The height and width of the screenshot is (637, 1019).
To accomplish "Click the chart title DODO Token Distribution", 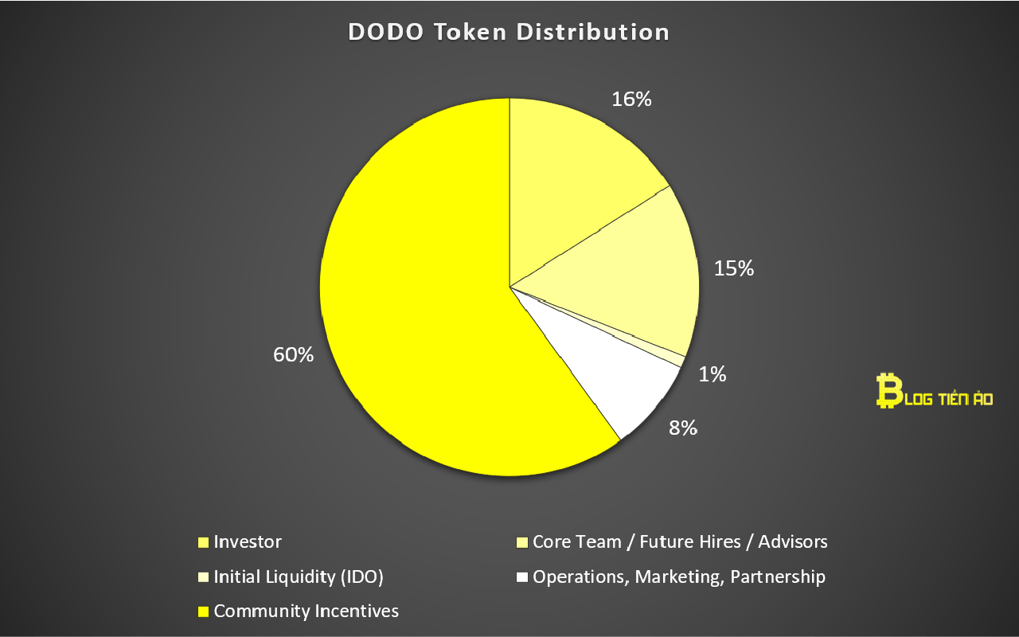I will pos(509,33).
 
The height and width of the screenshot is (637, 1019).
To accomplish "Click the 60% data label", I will pos(293,355).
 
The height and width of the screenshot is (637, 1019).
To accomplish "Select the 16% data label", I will pos(631,100).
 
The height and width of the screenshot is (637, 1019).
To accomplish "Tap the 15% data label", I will pos(733,269).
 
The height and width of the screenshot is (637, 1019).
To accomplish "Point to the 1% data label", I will pos(713,374).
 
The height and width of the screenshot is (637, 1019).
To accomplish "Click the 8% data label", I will pos(683,428).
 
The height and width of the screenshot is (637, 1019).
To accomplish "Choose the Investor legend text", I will pos(248,542).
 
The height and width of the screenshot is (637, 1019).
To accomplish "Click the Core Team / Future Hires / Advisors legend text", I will pos(680,542).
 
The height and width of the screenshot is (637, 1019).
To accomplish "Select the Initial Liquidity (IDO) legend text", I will pos(299,577).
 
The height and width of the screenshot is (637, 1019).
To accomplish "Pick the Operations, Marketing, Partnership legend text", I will pos(679,577).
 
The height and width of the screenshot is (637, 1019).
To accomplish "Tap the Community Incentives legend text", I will pos(306,612).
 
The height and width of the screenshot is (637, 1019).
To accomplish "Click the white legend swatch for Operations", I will pos(522,577).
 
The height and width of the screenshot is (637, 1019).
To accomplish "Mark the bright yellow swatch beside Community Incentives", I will pos(203,612).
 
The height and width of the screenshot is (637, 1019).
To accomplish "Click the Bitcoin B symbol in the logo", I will pos(885,391).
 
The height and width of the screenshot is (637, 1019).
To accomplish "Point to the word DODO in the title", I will pos(382,33).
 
